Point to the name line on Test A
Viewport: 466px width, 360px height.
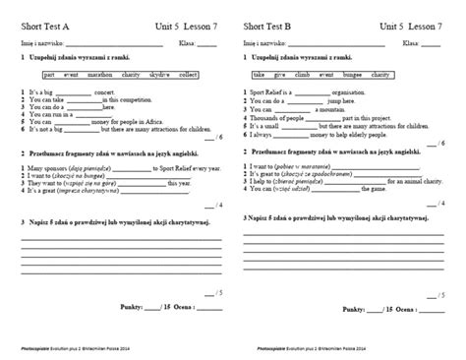(102, 44)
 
